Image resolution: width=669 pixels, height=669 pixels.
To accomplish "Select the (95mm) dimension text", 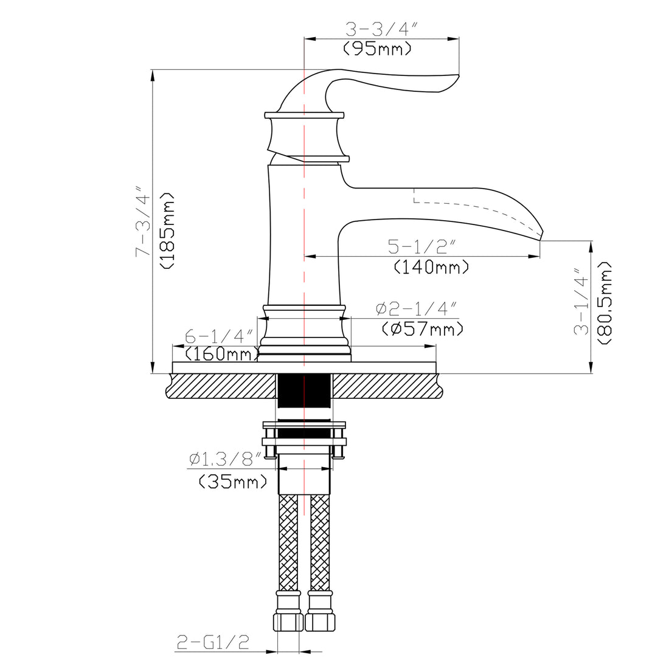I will click(377, 49).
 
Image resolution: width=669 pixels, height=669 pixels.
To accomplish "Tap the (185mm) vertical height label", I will click(167, 231).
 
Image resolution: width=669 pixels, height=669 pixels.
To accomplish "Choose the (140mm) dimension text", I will click(431, 266).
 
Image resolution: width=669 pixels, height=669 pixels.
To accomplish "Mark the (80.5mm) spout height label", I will click(605, 304).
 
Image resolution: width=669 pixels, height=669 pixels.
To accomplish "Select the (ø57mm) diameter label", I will click(423, 329).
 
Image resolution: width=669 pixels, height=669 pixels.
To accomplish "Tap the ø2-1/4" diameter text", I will click(415, 309).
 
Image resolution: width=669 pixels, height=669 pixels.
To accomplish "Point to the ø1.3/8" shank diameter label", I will click(224, 459).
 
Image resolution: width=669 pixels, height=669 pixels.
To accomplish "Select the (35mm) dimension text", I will click(233, 482).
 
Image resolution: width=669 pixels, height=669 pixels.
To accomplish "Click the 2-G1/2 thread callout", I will click(213, 642).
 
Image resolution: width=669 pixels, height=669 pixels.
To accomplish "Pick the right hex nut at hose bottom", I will click(321, 622).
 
